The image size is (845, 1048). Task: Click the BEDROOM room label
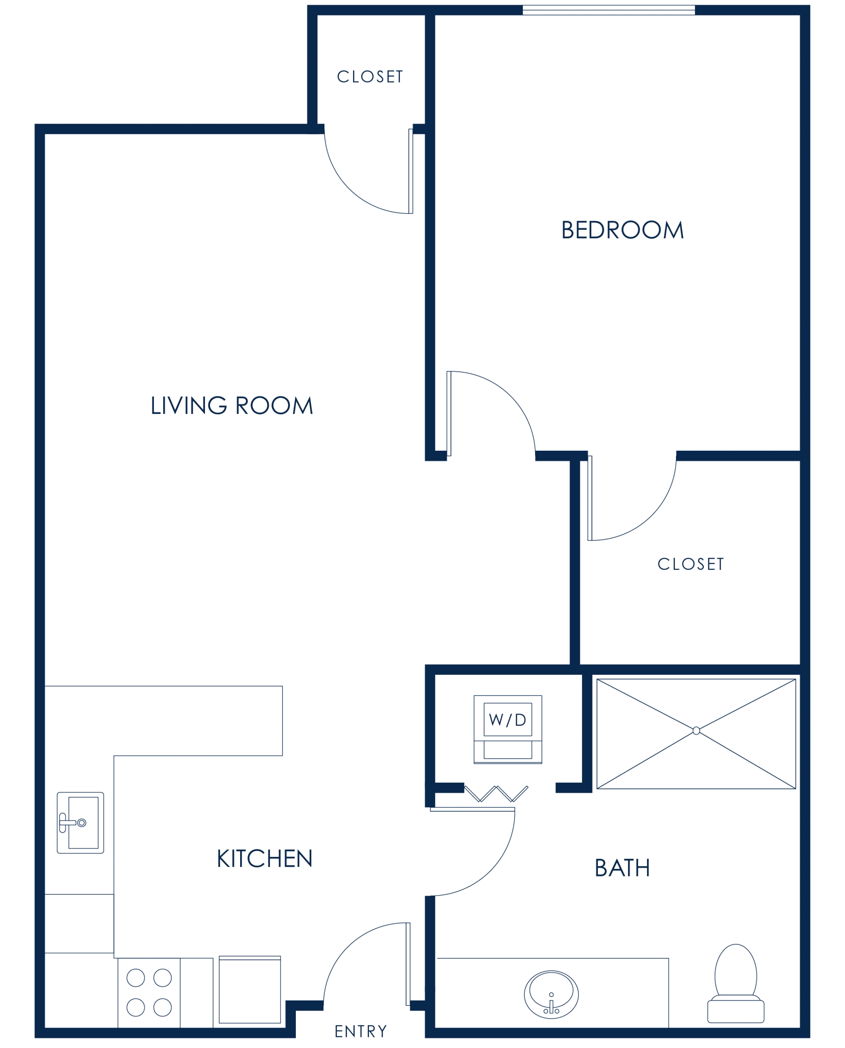click(622, 229)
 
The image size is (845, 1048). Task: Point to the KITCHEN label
click(265, 858)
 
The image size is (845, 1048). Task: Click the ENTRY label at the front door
click(360, 1032)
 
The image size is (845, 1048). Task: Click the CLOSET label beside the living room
click(370, 77)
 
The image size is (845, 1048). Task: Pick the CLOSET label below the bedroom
click(691, 563)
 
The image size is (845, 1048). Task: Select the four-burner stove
click(149, 992)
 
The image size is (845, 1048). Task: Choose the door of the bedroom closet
click(647, 516)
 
